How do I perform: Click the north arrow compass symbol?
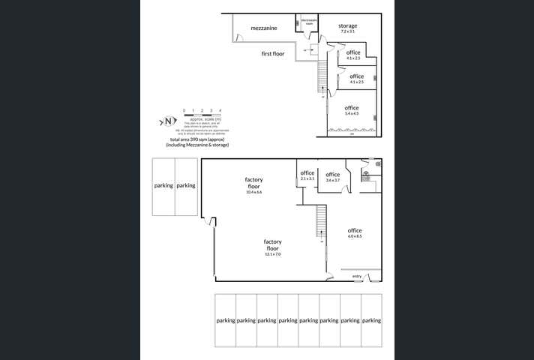(168, 121)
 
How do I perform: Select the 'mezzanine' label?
(264, 28)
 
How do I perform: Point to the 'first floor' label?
(273, 54)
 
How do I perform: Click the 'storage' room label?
(347, 26)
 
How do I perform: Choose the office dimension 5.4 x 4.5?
(352, 114)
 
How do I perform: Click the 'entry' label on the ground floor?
(356, 277)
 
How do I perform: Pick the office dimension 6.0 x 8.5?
(355, 236)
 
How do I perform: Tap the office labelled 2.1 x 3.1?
(307, 179)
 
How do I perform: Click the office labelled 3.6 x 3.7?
(333, 180)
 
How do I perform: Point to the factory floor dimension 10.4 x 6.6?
(253, 192)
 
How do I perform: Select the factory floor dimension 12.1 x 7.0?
(272, 254)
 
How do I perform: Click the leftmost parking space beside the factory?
(163, 186)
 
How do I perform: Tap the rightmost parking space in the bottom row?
(371, 320)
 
